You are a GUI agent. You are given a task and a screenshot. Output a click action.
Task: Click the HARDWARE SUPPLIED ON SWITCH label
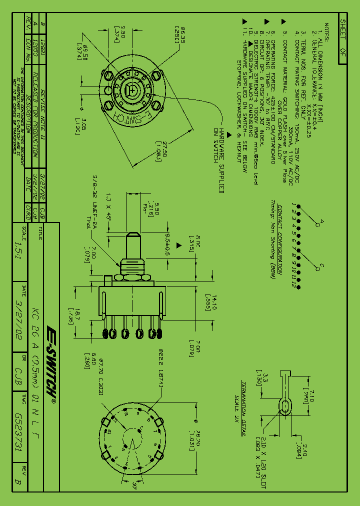[219, 160]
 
